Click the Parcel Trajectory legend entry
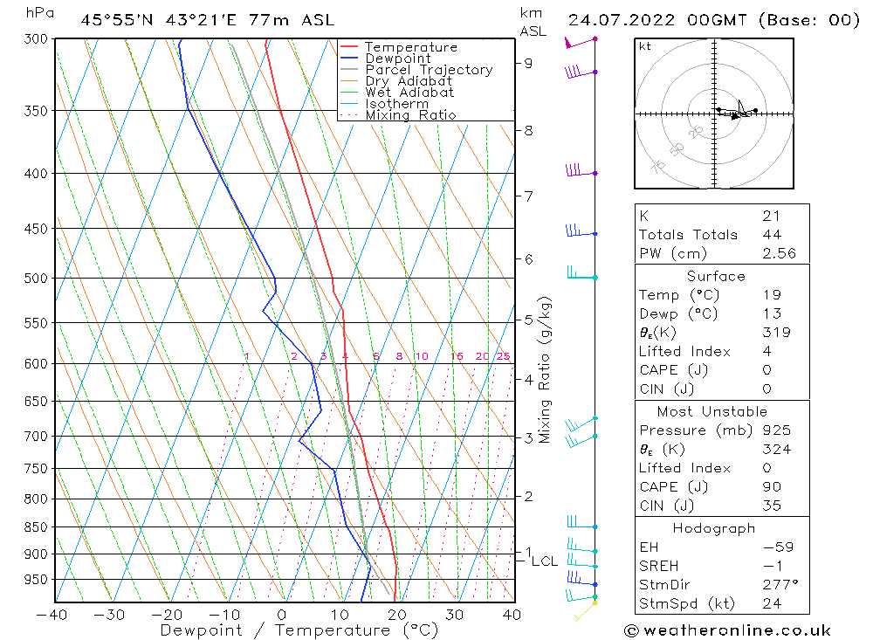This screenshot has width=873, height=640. [x=429, y=70]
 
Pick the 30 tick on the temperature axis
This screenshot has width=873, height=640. [x=454, y=615]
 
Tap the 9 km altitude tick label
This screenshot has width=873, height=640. [x=529, y=63]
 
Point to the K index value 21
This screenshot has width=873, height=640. [x=771, y=216]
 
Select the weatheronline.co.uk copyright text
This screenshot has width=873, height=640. [x=727, y=630]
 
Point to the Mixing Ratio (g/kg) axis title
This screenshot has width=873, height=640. [x=546, y=369]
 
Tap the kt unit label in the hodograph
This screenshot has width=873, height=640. [x=645, y=46]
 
